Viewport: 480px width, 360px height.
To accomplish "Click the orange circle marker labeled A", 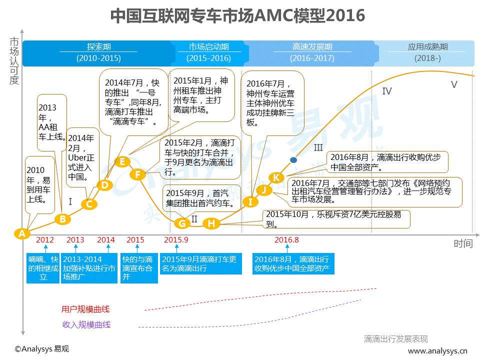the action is tap(21, 233).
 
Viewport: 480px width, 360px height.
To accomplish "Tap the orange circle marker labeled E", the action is tap(122, 161).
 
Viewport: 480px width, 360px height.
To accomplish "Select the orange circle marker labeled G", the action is tap(182, 223).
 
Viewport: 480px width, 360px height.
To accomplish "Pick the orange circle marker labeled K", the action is tap(276, 177).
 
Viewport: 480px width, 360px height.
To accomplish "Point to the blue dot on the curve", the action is tap(293, 159).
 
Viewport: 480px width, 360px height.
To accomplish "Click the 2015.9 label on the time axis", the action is tap(176, 240).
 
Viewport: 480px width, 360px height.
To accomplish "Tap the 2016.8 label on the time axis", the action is tap(286, 240).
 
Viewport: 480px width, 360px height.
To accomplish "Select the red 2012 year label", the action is tap(45, 240).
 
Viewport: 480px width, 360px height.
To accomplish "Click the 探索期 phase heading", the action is tap(98, 47).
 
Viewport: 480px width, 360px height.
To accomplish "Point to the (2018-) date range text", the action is tap(427, 58).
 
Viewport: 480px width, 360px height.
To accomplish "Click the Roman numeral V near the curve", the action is tap(454, 85).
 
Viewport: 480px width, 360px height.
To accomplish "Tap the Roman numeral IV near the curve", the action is tap(386, 91).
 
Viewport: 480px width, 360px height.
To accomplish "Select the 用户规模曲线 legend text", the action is tap(86, 309).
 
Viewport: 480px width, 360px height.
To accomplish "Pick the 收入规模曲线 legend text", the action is tap(86, 324).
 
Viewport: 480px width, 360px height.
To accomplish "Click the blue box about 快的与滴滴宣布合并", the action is tap(139, 268).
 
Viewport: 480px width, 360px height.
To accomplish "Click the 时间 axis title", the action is tap(463, 243).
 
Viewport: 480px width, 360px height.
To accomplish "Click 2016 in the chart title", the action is tap(345, 15).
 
